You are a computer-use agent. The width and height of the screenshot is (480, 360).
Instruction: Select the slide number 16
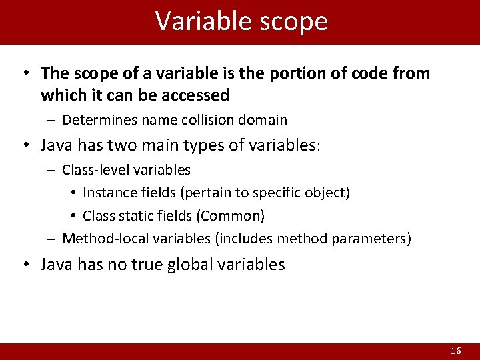point(456,351)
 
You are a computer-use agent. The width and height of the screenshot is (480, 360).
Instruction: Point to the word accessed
point(197,95)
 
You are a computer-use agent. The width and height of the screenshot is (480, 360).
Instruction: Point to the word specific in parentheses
point(279,193)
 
